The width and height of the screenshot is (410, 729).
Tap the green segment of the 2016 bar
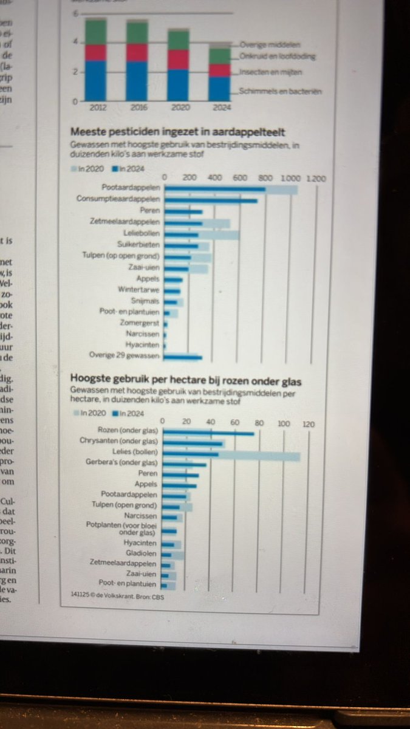(137, 33)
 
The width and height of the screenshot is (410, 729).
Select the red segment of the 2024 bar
(219, 70)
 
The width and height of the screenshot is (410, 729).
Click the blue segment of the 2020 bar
(178, 85)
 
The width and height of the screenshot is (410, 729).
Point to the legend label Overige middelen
(270, 44)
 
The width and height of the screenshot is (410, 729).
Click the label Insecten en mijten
(270, 72)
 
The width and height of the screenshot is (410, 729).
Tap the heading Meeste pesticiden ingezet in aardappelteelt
(179, 132)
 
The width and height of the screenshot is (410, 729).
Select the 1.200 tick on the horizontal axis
(316, 179)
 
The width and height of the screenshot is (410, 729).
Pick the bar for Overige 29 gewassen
(183, 357)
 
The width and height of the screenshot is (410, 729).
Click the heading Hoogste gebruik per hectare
(186, 382)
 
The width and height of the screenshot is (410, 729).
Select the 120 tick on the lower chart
(309, 424)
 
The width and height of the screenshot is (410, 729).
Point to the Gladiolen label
(142, 553)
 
